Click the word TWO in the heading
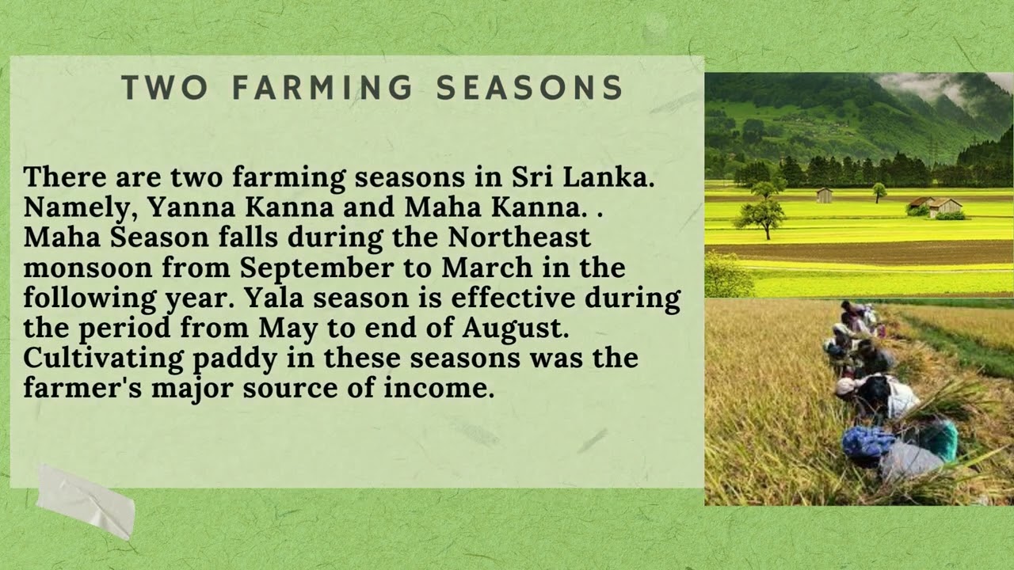pyautogui.click(x=166, y=88)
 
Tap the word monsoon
pyautogui.click(x=87, y=268)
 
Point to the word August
pyautogui.click(x=523, y=328)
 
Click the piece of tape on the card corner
pyautogui.click(x=86, y=501)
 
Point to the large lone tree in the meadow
pyautogui.click(x=760, y=216)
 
